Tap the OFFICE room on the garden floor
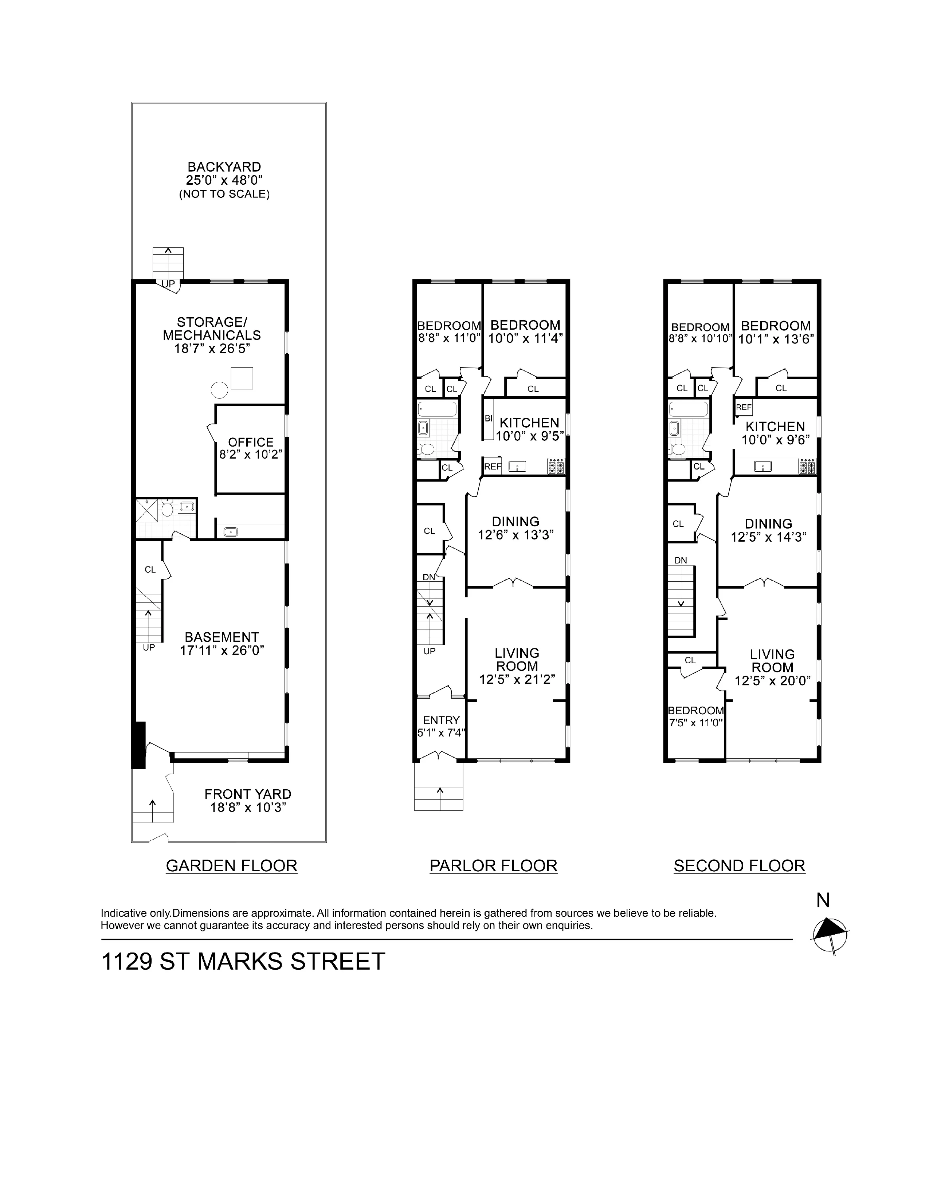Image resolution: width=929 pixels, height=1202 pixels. [250, 448]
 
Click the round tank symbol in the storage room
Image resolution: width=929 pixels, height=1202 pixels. [219, 390]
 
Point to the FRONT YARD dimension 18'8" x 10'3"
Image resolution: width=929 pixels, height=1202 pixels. [248, 808]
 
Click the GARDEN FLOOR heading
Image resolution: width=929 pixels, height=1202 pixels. [231, 866]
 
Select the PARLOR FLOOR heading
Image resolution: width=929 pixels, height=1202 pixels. [493, 866]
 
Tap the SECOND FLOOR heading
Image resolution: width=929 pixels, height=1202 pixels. [739, 866]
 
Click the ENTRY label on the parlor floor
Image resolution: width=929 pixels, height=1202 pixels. [441, 720]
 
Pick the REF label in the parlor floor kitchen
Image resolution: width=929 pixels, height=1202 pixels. [493, 467]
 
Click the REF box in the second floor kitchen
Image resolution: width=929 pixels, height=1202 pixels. [744, 407]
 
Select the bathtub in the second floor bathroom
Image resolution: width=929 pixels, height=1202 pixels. [688, 409]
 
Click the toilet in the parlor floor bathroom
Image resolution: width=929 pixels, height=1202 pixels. [427, 449]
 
